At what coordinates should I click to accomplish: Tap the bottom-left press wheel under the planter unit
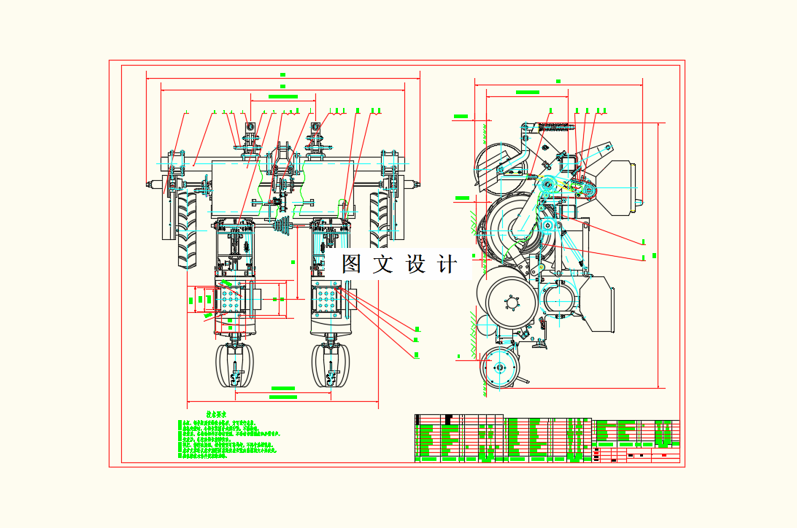coord(234,368)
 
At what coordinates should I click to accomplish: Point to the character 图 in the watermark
coord(352,264)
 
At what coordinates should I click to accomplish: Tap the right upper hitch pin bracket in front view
coord(317,139)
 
